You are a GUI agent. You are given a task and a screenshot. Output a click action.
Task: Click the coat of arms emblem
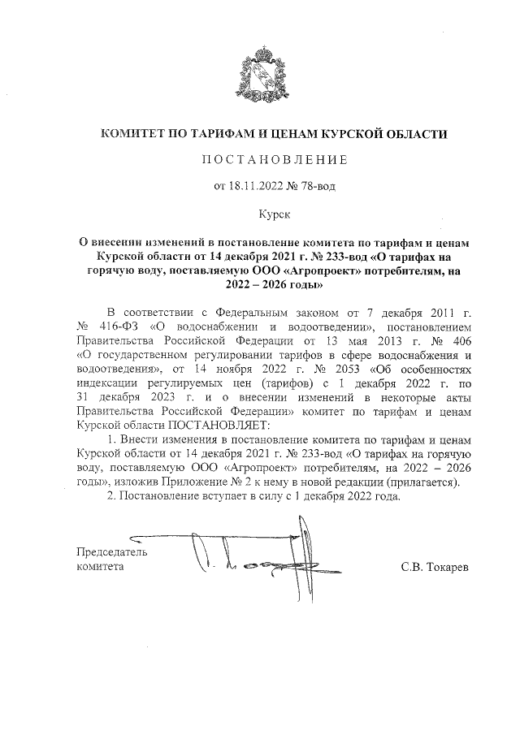click(x=259, y=76)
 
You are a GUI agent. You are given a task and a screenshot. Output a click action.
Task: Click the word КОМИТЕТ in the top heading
click(x=134, y=133)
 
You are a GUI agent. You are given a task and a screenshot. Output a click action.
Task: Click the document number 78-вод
click(x=315, y=186)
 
